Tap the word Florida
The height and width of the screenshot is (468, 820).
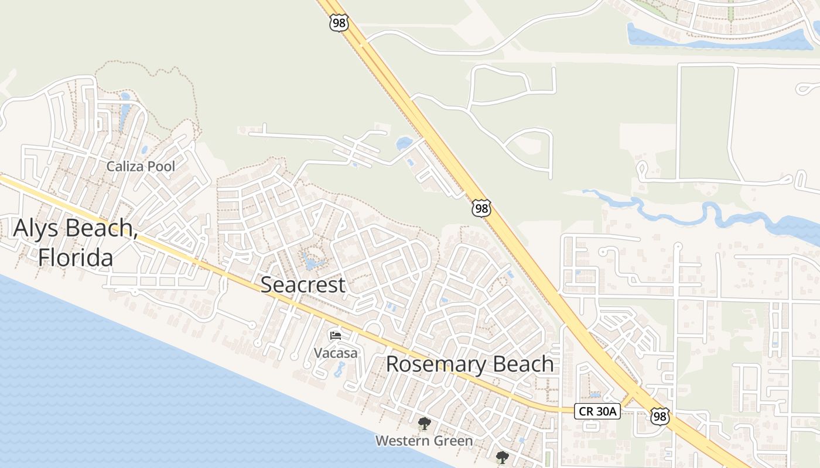(x=76, y=257)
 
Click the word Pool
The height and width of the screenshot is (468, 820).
(x=161, y=167)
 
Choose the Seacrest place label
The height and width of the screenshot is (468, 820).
(x=303, y=285)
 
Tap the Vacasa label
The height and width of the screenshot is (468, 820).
(x=336, y=353)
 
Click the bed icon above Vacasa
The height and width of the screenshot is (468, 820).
(x=336, y=336)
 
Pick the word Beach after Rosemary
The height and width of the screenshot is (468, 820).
(x=522, y=364)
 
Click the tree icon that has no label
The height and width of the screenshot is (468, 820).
(x=502, y=457)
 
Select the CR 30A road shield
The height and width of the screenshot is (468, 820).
(x=597, y=411)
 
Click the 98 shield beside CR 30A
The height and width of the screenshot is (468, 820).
(x=660, y=417)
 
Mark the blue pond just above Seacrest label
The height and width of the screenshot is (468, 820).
(x=311, y=261)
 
